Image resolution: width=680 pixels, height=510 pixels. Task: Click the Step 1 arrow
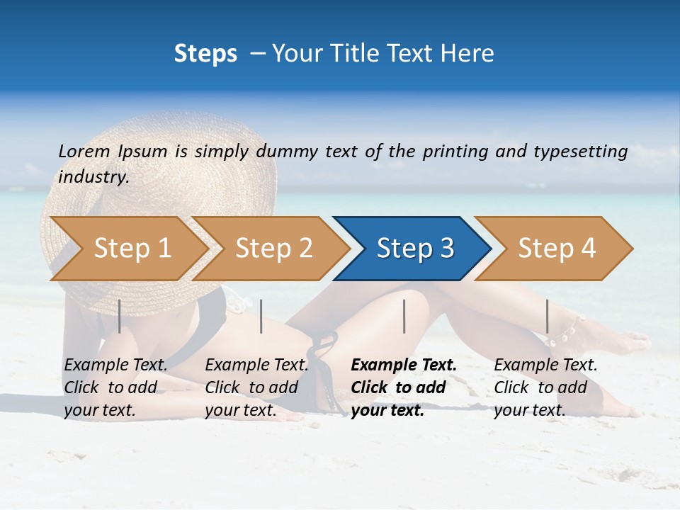coord(132,249)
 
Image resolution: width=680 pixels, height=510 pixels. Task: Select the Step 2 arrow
coord(273,249)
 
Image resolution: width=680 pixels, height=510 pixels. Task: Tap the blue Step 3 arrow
coord(414,249)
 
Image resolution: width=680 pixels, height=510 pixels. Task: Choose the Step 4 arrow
coord(556,249)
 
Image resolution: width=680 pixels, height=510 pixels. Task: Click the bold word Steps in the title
coord(205,54)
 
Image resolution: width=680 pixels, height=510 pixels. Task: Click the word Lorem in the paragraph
coord(84,152)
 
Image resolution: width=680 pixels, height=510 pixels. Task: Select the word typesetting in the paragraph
coord(580,152)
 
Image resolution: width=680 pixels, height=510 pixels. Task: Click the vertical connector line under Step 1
coord(119,316)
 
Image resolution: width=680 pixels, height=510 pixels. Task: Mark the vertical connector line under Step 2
coord(261,316)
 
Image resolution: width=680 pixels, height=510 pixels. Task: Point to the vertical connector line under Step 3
coord(404,316)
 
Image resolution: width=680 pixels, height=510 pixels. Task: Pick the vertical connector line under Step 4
coord(547,316)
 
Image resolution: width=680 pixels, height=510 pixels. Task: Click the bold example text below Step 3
coord(402,387)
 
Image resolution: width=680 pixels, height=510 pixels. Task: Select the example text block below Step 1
coord(115,387)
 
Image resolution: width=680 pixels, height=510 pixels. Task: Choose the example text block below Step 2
coord(256,387)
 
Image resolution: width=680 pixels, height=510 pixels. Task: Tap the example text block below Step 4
coord(545,387)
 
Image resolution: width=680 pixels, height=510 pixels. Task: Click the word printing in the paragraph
coord(456,152)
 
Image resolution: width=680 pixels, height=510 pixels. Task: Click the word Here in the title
coord(470,54)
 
